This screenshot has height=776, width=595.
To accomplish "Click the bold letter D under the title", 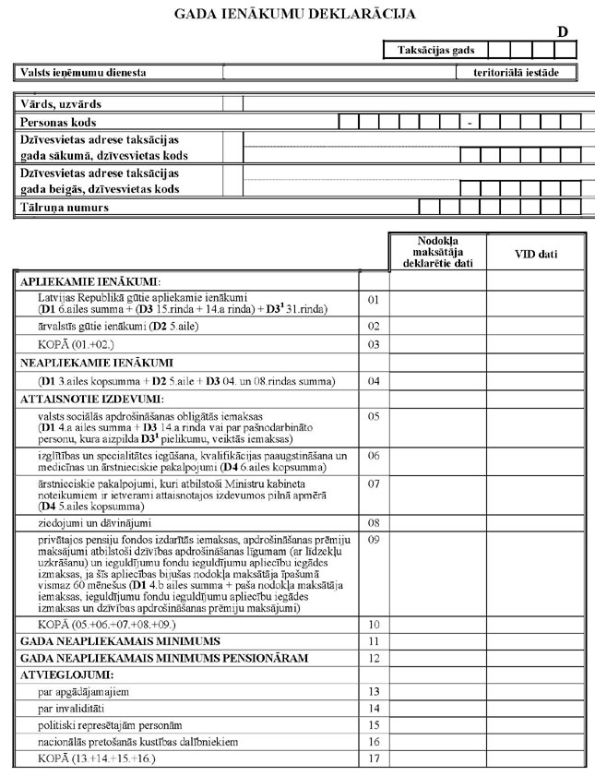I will pyautogui.click(x=562, y=32).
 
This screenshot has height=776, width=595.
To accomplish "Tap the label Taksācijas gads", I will pyautogui.click(x=436, y=50).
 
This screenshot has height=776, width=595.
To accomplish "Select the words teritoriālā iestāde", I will pyautogui.click(x=517, y=71).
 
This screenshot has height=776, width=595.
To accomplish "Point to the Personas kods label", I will pyautogui.click(x=58, y=122).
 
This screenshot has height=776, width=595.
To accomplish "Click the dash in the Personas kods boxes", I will pyautogui.click(x=470, y=123).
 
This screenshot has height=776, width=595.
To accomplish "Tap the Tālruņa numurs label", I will pyautogui.click(x=64, y=208).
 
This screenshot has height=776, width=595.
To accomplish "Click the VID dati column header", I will pyautogui.click(x=535, y=252).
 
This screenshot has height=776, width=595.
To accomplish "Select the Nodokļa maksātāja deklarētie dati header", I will pyautogui.click(x=437, y=251).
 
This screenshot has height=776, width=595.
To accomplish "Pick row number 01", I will pyautogui.click(x=374, y=300).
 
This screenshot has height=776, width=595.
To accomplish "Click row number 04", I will pyautogui.click(x=374, y=381).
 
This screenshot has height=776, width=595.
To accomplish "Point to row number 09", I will pyautogui.click(x=374, y=539).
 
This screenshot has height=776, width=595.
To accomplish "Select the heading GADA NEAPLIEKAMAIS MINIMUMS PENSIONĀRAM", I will pyautogui.click(x=167, y=657).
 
